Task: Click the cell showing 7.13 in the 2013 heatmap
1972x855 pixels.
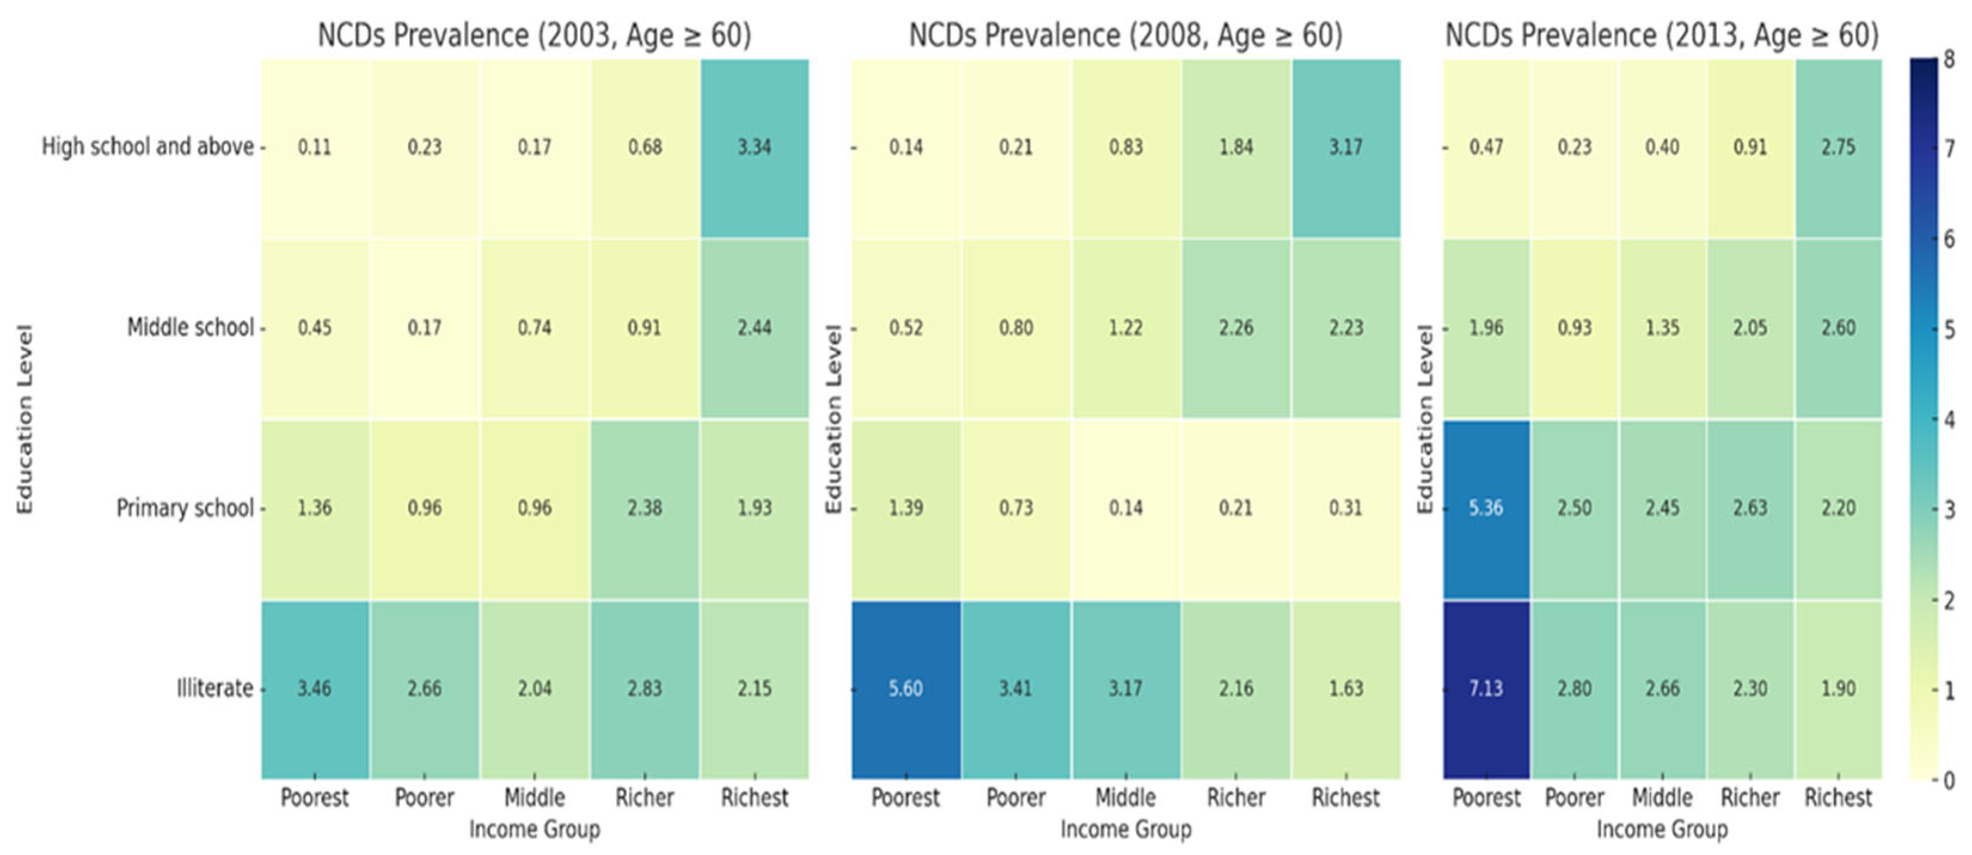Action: tap(1486, 689)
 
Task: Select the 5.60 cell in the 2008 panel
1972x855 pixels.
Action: tap(906, 689)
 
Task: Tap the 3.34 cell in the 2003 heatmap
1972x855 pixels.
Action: tap(754, 147)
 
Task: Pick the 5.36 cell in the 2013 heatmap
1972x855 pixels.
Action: tap(1486, 509)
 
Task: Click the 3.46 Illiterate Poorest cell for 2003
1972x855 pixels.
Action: tap(315, 689)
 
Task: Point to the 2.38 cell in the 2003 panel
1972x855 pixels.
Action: tap(645, 509)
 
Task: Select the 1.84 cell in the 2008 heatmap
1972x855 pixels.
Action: tap(1235, 147)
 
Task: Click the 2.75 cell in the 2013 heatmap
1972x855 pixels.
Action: tap(1838, 147)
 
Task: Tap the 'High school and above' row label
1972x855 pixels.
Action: tap(147, 146)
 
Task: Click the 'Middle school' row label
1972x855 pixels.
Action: tap(190, 327)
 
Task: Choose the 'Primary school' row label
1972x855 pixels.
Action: tap(185, 508)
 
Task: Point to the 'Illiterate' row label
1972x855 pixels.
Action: tap(214, 688)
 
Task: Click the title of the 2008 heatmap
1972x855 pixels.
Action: tap(1125, 35)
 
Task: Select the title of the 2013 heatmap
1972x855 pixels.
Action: tap(1661, 35)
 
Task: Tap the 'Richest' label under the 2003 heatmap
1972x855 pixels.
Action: tap(754, 798)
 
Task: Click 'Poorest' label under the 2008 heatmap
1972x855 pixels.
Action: tap(906, 798)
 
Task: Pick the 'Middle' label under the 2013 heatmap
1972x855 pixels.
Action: tap(1662, 798)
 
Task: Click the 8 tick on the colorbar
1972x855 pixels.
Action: tap(1949, 59)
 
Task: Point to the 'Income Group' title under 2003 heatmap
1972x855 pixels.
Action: tap(534, 829)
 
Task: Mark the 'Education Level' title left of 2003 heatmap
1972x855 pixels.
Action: tap(25, 419)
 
